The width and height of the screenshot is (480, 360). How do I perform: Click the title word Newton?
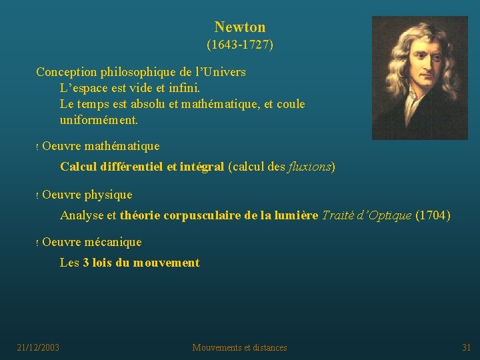[240, 27]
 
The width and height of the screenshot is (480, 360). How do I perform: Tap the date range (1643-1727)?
[240, 45]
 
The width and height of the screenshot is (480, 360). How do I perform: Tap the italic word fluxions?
[310, 167]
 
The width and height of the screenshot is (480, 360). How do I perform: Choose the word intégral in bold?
[202, 167]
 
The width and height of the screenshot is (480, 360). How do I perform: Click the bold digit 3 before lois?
[86, 263]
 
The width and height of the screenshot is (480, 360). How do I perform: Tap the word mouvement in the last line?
[166, 263]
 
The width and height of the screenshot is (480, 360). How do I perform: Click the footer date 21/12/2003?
[38, 347]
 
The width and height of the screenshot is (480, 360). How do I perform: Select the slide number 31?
[467, 347]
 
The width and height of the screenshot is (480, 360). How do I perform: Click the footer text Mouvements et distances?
[240, 347]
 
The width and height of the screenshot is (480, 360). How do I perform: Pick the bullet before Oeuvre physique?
[37, 196]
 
